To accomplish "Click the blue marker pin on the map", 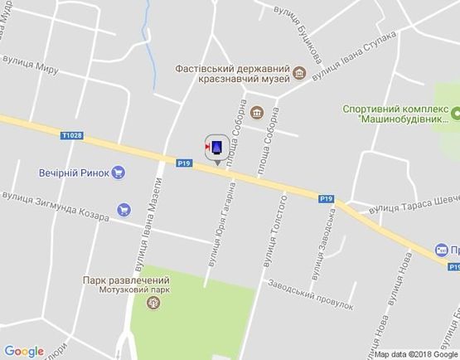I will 217,147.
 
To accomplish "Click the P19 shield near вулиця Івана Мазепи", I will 184,163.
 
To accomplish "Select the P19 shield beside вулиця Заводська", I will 327,197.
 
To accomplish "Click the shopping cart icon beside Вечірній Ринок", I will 119,173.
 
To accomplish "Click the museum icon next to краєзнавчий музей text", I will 298,76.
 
